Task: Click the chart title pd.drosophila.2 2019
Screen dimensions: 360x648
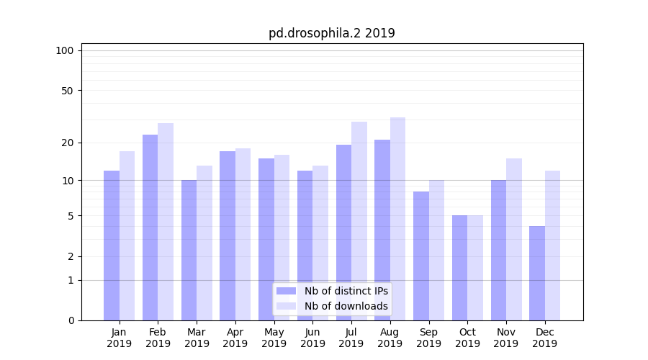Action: click(x=331, y=33)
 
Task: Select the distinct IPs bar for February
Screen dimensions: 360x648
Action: click(x=150, y=228)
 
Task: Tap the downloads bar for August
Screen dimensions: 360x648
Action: click(x=397, y=219)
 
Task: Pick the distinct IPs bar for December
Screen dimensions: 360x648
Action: click(x=537, y=274)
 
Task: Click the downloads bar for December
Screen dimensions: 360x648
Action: click(x=552, y=246)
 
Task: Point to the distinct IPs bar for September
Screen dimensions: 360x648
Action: click(x=421, y=256)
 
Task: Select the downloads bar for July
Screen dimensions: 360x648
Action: click(x=359, y=221)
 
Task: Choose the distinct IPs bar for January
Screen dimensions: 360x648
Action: click(x=112, y=246)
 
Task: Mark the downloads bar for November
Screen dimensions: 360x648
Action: click(x=514, y=239)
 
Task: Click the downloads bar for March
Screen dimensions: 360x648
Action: click(x=204, y=243)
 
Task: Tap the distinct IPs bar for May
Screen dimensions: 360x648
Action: click(x=266, y=239)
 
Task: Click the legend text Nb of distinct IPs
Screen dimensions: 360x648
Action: click(x=346, y=291)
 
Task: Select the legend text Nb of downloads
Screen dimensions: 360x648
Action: click(x=346, y=306)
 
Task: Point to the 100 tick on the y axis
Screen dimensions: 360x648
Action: click(x=65, y=50)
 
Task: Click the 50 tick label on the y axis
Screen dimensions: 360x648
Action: click(x=68, y=91)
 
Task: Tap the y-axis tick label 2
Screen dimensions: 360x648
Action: click(x=71, y=256)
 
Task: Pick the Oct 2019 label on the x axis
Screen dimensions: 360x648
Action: click(x=467, y=338)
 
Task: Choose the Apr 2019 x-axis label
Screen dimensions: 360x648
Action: click(x=235, y=338)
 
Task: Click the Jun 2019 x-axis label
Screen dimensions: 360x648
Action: click(x=312, y=338)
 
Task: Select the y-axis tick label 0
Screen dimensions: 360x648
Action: click(x=71, y=320)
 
